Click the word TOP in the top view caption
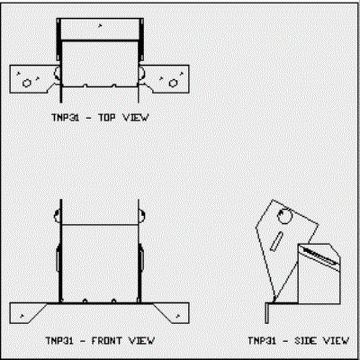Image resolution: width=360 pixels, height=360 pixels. click(107, 117)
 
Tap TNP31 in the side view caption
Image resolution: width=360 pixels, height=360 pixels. click(262, 341)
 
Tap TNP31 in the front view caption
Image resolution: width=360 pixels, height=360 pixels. click(59, 341)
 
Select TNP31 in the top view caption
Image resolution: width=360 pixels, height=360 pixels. click(66, 117)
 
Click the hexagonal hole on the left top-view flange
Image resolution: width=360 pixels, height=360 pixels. click(27, 83)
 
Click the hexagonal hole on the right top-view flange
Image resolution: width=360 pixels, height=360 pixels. click(173, 83)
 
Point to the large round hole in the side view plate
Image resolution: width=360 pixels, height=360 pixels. click(284, 216)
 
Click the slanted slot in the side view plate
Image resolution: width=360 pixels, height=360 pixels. click(276, 240)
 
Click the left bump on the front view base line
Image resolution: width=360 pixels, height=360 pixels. click(85, 301)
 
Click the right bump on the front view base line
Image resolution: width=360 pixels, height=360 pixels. click(113, 301)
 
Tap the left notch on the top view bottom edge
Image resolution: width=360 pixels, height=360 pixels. click(85, 85)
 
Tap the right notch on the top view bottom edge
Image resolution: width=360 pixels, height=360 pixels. click(113, 85)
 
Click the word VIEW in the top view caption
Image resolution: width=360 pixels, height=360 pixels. click(136, 117)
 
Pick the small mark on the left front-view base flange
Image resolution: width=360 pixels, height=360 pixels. click(22, 315)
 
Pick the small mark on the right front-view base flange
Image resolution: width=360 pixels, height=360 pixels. click(178, 315)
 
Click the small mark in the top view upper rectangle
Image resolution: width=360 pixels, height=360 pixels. click(100, 25)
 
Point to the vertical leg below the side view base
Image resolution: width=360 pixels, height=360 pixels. click(267, 313)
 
